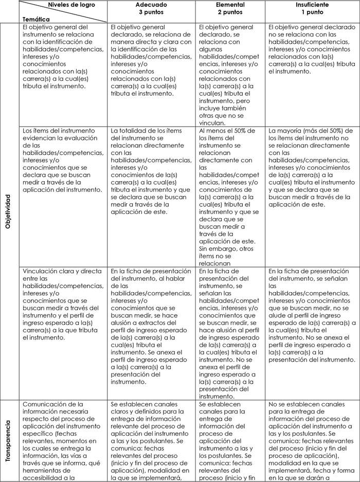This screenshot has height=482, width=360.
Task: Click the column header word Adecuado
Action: pyautogui.click(x=152, y=4)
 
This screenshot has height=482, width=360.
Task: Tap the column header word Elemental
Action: pyautogui.click(x=231, y=4)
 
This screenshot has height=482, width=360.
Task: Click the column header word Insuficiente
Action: pyautogui.click(x=312, y=4)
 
